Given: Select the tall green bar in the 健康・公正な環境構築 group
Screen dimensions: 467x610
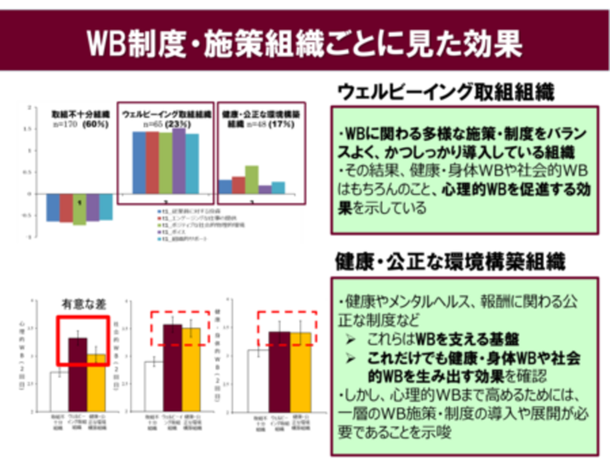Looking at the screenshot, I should tap(252, 179).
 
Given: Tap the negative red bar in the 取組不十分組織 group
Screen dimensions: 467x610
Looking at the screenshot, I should tap(66, 207).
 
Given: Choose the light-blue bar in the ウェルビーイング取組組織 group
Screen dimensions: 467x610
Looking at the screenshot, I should tap(192, 163).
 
